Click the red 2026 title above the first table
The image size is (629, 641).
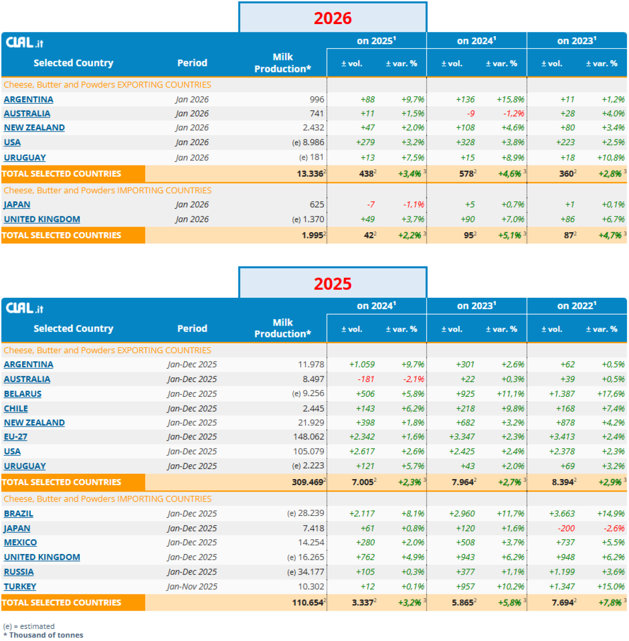pos(332,18)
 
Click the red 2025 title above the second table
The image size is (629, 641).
pos(332,284)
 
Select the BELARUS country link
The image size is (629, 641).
pos(23,394)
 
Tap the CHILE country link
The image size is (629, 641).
pos(16,408)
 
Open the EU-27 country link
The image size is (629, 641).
pos(16,437)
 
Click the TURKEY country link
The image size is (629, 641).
pos(20,586)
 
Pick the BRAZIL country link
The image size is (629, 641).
pos(18,514)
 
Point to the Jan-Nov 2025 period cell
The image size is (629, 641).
pos(192,586)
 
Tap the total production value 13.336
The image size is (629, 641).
pos(310,174)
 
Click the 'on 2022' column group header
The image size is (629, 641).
pos(576,306)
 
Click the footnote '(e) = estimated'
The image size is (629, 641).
pos(29,626)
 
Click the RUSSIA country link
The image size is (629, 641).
pos(19,572)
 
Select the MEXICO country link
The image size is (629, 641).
pos(20,542)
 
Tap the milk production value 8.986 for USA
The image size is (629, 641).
pos(313,142)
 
